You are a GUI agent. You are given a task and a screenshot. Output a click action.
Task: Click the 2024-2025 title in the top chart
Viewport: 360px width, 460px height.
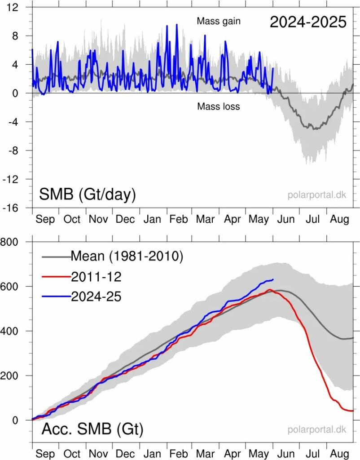point(308,22)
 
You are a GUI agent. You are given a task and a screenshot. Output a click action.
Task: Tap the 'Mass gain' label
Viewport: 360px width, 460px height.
point(219,21)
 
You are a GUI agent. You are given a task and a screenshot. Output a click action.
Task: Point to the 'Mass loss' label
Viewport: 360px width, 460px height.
point(219,106)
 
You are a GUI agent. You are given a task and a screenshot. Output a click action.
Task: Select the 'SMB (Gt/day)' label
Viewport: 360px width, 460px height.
point(88,195)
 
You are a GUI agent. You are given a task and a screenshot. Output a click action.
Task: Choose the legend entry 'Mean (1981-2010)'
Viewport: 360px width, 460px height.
point(127,257)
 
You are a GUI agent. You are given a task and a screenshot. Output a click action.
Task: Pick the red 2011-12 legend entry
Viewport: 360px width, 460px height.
point(96,277)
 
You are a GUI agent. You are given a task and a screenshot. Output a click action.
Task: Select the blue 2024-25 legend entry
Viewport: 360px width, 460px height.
point(96,296)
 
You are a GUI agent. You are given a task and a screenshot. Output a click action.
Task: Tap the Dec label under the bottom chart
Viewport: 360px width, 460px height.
point(125,453)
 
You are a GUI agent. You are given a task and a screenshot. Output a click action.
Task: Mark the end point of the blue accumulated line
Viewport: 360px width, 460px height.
point(273,279)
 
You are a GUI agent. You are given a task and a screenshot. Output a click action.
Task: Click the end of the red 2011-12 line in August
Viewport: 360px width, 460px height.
point(353,411)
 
